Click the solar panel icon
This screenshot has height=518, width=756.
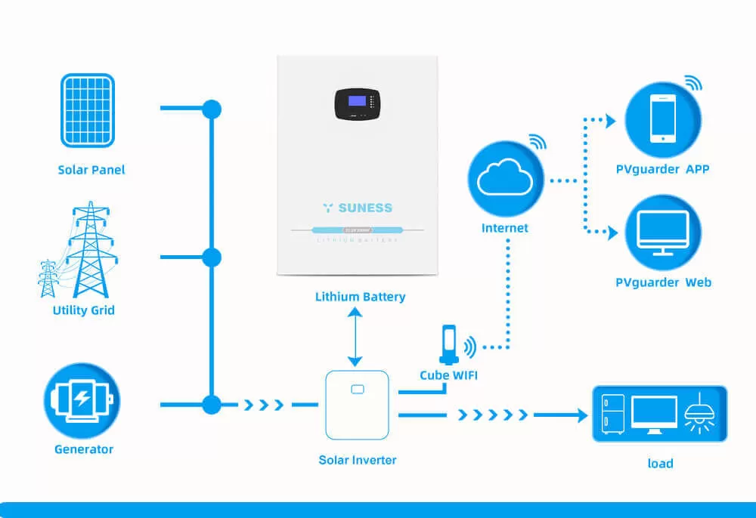[88, 110]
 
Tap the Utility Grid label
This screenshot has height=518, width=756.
[84, 310]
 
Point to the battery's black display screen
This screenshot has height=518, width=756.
[357, 104]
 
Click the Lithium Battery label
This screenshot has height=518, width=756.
[360, 297]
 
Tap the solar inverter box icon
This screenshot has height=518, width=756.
[357, 405]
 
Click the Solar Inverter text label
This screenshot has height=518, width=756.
[358, 460]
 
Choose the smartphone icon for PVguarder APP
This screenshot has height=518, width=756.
[662, 119]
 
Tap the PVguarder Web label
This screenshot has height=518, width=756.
[663, 282]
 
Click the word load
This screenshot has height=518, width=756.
[660, 463]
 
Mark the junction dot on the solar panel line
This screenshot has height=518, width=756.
[212, 109]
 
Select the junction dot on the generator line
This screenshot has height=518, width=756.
[212, 405]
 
